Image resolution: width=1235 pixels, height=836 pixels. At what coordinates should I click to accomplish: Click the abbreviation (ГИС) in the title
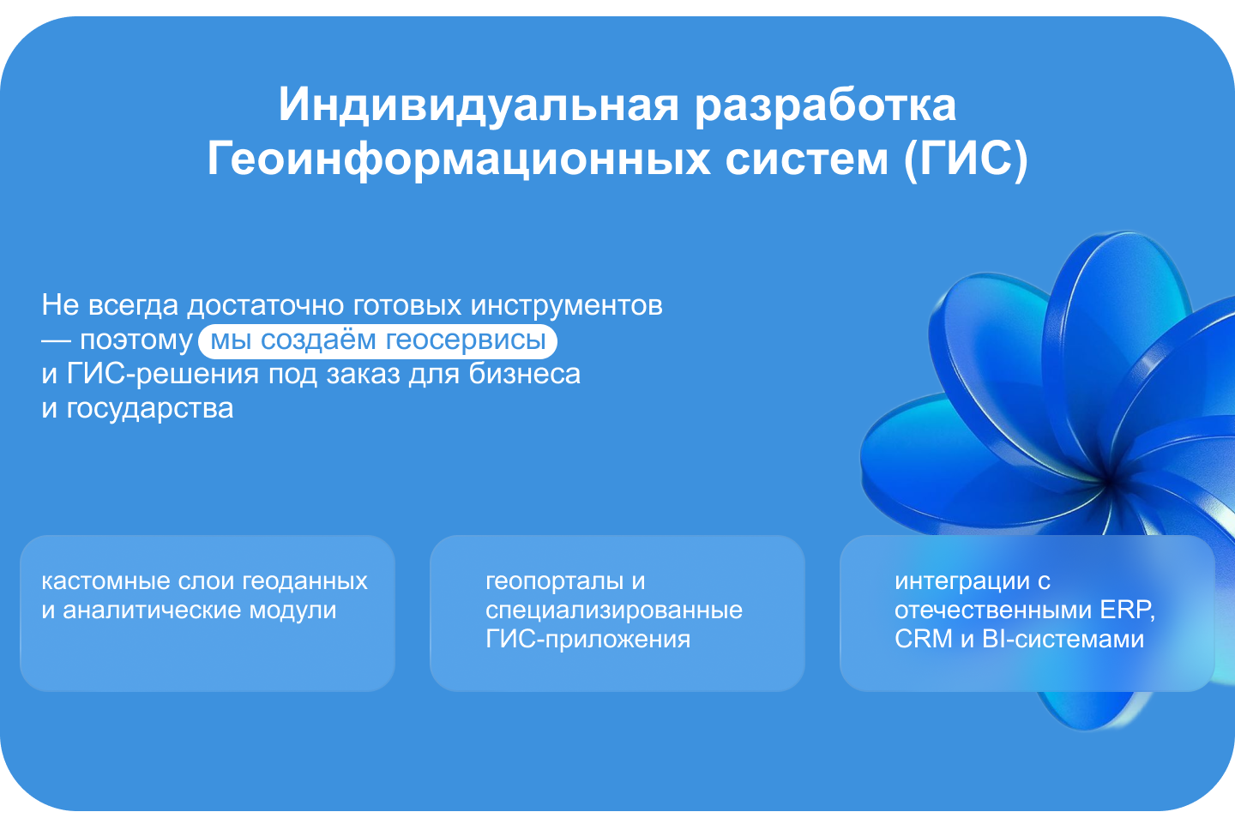[x=966, y=159]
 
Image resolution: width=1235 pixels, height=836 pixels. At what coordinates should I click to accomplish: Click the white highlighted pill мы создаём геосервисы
[x=377, y=340]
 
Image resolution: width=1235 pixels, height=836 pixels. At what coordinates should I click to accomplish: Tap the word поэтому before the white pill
[x=136, y=341]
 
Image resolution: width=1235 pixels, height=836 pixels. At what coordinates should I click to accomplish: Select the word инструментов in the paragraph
[x=566, y=306]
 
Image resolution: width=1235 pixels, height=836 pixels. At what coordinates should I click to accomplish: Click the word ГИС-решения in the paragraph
[x=163, y=375]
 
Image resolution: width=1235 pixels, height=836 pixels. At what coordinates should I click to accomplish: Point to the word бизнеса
[x=524, y=374]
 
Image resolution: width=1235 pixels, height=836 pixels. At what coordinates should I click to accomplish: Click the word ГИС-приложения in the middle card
[x=587, y=640]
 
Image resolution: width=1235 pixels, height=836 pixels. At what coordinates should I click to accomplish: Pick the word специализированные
[x=614, y=611]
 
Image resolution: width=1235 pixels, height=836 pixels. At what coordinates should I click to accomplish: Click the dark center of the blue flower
[x=1109, y=482]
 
